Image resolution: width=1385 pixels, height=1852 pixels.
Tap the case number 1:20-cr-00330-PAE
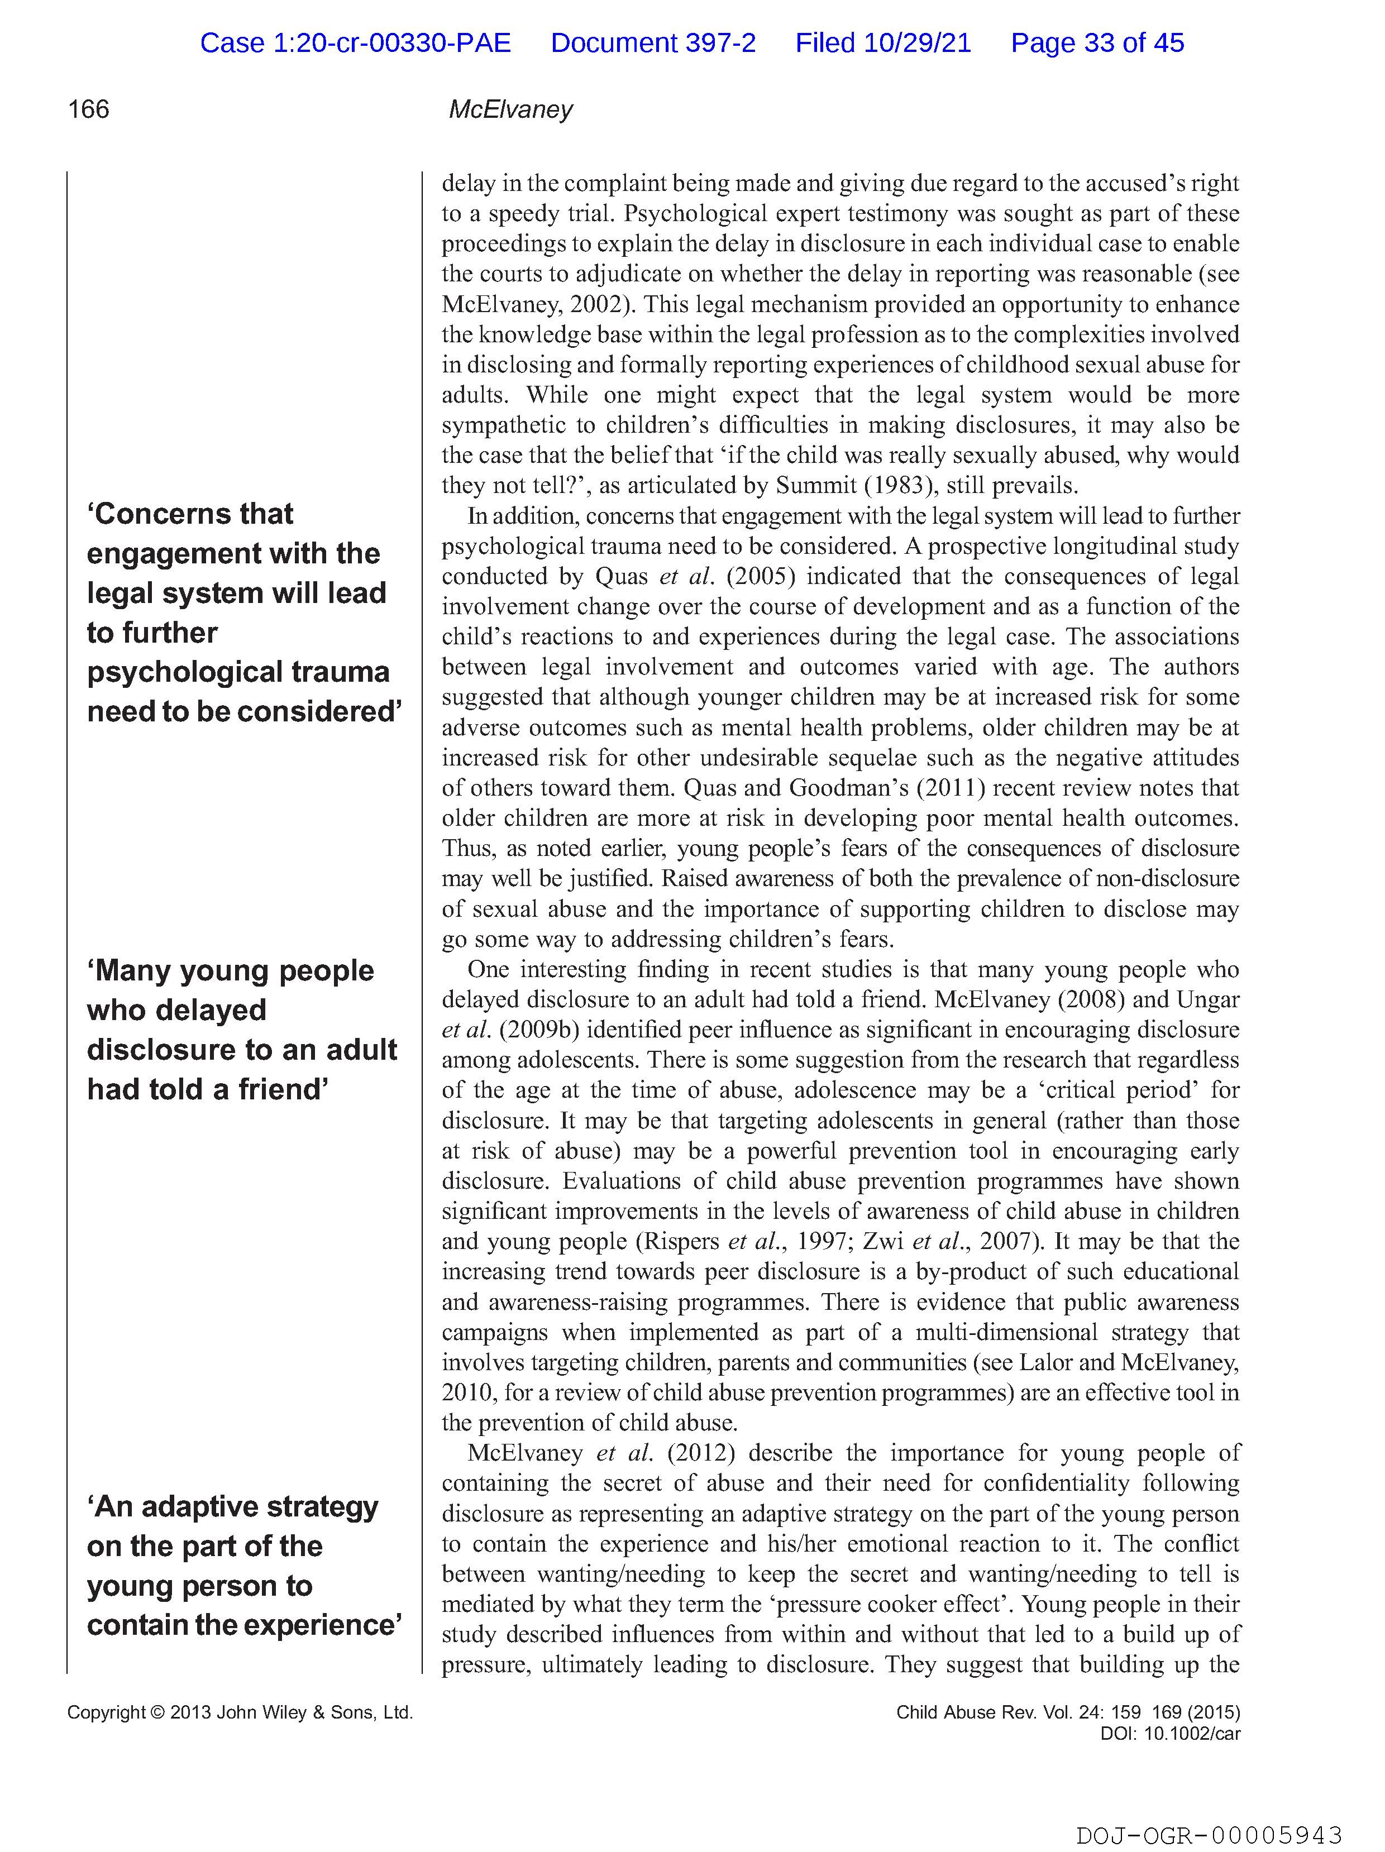(355, 42)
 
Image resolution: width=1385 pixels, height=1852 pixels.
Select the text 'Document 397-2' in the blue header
(653, 42)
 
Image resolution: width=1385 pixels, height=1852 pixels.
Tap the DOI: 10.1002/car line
(1170, 1734)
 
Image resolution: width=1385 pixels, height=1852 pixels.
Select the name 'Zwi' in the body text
(882, 1242)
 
